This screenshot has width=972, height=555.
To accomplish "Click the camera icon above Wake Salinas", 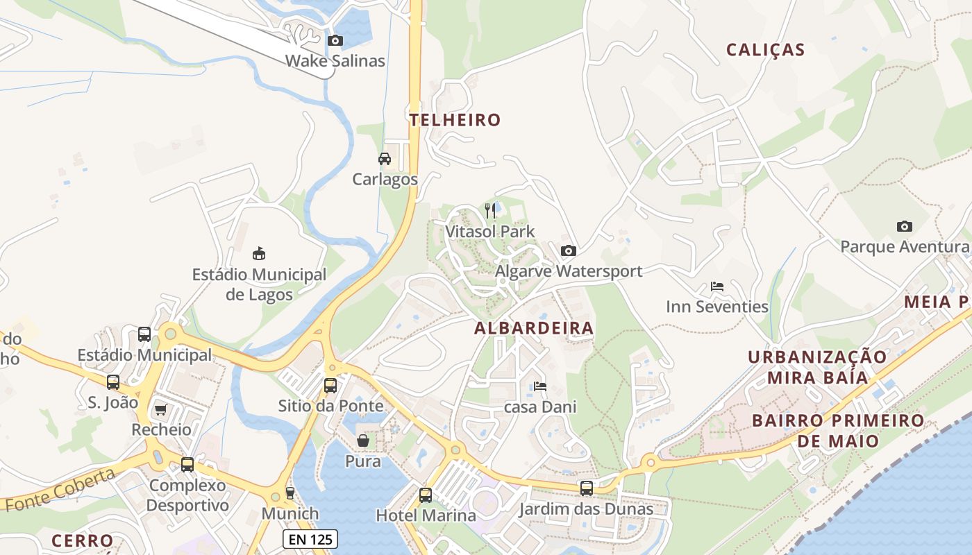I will point(335,41).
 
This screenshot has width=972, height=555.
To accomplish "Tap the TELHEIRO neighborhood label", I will point(455,120).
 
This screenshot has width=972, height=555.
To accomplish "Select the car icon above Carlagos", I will point(385,159).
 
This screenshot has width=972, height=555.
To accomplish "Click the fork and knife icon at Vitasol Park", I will point(490,211).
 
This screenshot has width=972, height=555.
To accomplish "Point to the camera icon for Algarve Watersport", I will point(568,250).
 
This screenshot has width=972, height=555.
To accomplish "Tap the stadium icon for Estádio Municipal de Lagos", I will point(259,253).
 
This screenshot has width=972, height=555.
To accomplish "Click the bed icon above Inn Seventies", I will point(717,287).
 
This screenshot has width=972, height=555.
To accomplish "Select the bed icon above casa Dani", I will point(539,386).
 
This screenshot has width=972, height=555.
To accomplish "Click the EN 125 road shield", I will point(310,539).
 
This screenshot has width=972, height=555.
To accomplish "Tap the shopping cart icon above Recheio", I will point(161,410).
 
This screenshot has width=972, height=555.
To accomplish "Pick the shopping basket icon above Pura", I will point(362,441).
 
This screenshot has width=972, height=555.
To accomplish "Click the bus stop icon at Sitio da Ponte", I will point(330,385).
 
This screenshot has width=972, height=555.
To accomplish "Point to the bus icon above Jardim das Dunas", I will point(587,488).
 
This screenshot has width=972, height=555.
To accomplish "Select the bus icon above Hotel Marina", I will point(426,495).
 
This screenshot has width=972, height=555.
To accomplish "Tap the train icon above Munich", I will point(290,493).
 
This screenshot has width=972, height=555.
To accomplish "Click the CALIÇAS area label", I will point(765,50).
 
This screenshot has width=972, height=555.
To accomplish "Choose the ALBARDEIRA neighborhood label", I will point(534,329).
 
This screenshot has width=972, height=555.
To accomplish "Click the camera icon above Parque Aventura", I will point(904,226).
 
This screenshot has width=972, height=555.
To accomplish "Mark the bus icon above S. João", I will point(113,382).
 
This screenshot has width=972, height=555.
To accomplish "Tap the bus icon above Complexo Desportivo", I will point(187,465).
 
